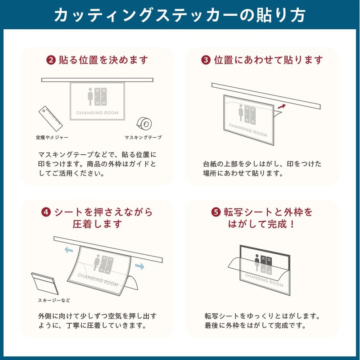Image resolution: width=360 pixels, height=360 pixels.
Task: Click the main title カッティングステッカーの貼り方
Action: point(180,15)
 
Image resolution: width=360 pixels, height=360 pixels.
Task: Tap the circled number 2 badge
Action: point(51,60)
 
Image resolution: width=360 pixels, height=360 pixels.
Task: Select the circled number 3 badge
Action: point(206,60)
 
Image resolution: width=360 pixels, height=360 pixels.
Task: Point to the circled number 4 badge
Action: point(46,212)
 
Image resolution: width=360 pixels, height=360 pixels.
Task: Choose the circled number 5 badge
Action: point(216,212)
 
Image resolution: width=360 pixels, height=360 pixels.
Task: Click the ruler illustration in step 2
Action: point(50,118)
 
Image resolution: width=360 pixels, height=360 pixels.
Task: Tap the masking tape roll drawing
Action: point(144,124)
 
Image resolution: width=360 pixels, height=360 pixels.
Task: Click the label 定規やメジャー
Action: point(52,138)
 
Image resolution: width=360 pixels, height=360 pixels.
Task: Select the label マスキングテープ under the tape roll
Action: point(143,138)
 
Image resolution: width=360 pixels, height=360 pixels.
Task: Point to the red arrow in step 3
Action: point(282,106)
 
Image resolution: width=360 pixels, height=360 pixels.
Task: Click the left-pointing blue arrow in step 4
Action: point(69,250)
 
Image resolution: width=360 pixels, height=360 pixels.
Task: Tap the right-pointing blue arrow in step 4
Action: point(139,266)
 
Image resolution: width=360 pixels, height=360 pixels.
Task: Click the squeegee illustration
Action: point(45,283)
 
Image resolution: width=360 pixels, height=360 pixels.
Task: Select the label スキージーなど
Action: point(54,300)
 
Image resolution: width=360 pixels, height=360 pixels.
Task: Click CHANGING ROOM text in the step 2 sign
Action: point(97,113)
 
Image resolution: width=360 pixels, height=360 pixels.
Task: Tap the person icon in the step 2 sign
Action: point(90,97)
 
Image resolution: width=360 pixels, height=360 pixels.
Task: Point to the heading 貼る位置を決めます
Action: point(103,60)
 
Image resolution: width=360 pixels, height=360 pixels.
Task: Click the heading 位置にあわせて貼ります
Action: point(268,60)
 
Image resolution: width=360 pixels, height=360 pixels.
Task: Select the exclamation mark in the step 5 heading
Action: point(292,224)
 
